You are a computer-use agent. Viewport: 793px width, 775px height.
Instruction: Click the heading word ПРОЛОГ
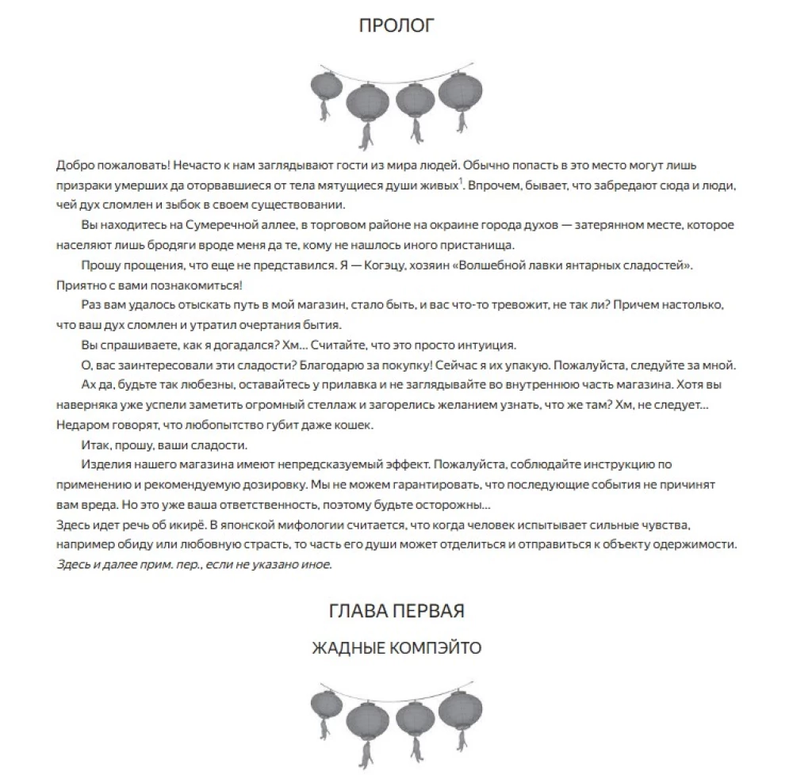[396, 25]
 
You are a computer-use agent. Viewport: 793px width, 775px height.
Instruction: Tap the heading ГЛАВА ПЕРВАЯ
[396, 611]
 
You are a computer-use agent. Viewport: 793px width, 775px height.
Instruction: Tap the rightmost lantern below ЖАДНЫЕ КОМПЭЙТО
[454, 710]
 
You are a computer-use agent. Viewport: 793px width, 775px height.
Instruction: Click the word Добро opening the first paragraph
[73, 166]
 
